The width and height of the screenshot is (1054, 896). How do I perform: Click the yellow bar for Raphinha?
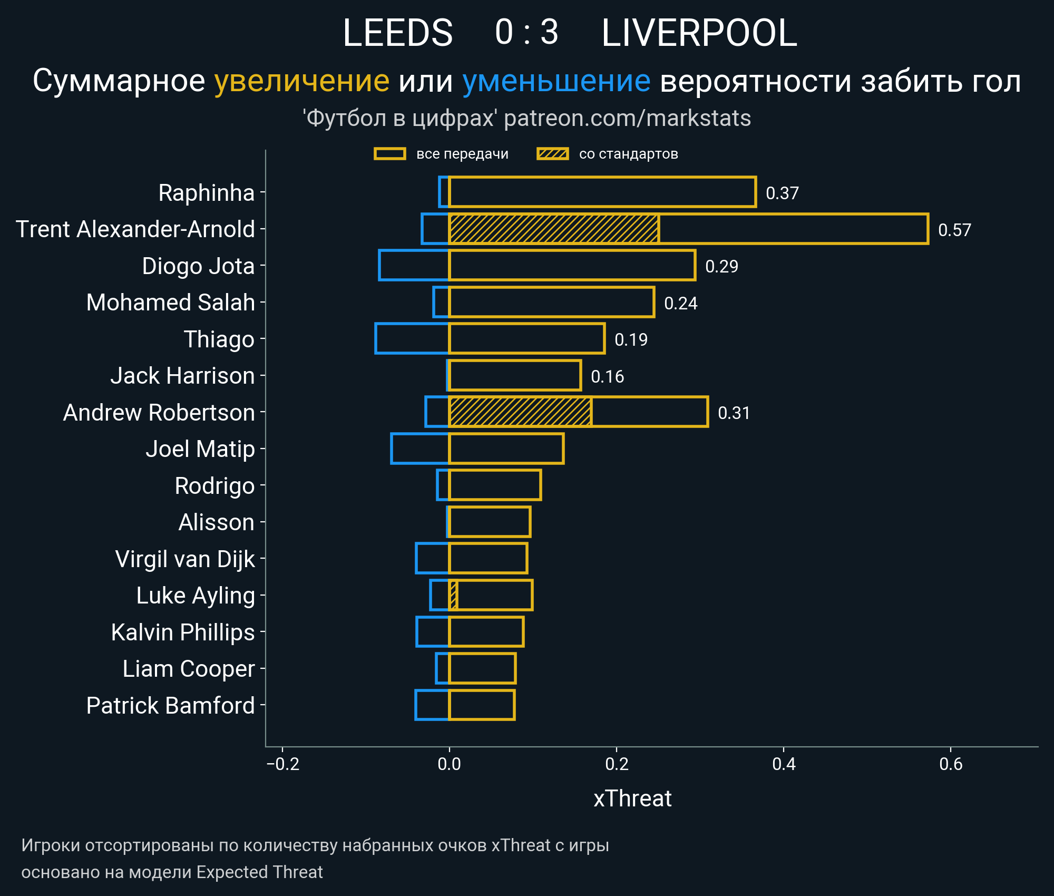click(x=602, y=192)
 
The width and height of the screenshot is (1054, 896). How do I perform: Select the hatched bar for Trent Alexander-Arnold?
click(x=553, y=229)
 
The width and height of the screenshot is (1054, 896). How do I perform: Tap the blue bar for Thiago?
click(x=412, y=338)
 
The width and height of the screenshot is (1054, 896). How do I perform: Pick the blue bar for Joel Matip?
click(x=419, y=449)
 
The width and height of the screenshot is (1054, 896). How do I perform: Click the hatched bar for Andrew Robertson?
click(x=520, y=412)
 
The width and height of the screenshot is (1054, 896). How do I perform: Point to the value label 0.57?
click(x=954, y=230)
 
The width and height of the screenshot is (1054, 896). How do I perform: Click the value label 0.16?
click(x=607, y=376)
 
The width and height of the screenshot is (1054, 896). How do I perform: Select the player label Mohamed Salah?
click(x=170, y=303)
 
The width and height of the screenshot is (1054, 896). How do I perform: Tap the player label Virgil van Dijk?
click(x=184, y=559)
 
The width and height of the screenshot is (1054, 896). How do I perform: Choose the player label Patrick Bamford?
click(x=170, y=705)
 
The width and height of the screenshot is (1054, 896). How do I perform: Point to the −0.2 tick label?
click(x=282, y=764)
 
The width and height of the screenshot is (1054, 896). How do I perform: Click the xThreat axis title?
click(x=632, y=798)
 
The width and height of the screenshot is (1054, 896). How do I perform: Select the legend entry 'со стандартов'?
click(x=628, y=154)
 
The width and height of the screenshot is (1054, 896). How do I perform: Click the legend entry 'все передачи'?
click(x=462, y=154)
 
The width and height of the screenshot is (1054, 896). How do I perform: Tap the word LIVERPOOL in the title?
click(x=699, y=33)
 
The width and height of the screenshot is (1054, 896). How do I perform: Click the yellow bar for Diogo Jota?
click(x=572, y=265)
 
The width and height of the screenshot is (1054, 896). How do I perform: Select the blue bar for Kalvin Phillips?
click(x=432, y=631)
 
